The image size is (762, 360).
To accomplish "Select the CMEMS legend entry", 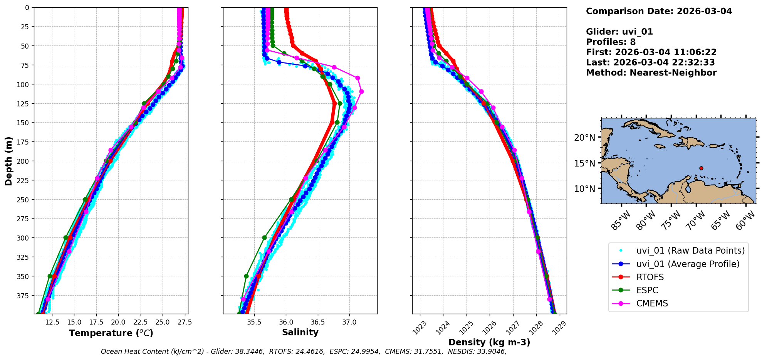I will (x=652, y=303).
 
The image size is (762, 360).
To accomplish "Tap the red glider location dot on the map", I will (x=701, y=168).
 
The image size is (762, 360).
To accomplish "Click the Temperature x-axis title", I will (x=111, y=333).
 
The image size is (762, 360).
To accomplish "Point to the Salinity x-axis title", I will (x=300, y=332).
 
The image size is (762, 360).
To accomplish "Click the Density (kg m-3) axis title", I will (x=489, y=342).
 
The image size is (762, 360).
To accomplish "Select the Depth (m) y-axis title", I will (x=8, y=161).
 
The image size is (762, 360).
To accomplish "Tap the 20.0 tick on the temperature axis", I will (x=118, y=322).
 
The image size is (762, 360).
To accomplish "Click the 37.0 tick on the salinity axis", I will (x=349, y=322).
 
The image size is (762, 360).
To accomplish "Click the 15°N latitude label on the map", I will (x=584, y=163).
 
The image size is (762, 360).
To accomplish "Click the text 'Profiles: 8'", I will (x=611, y=42).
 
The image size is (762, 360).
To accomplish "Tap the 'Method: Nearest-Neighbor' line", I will (x=651, y=73).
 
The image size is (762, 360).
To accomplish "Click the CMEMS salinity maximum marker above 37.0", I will (x=361, y=92).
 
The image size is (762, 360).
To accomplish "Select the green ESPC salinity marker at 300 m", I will (x=264, y=237).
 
